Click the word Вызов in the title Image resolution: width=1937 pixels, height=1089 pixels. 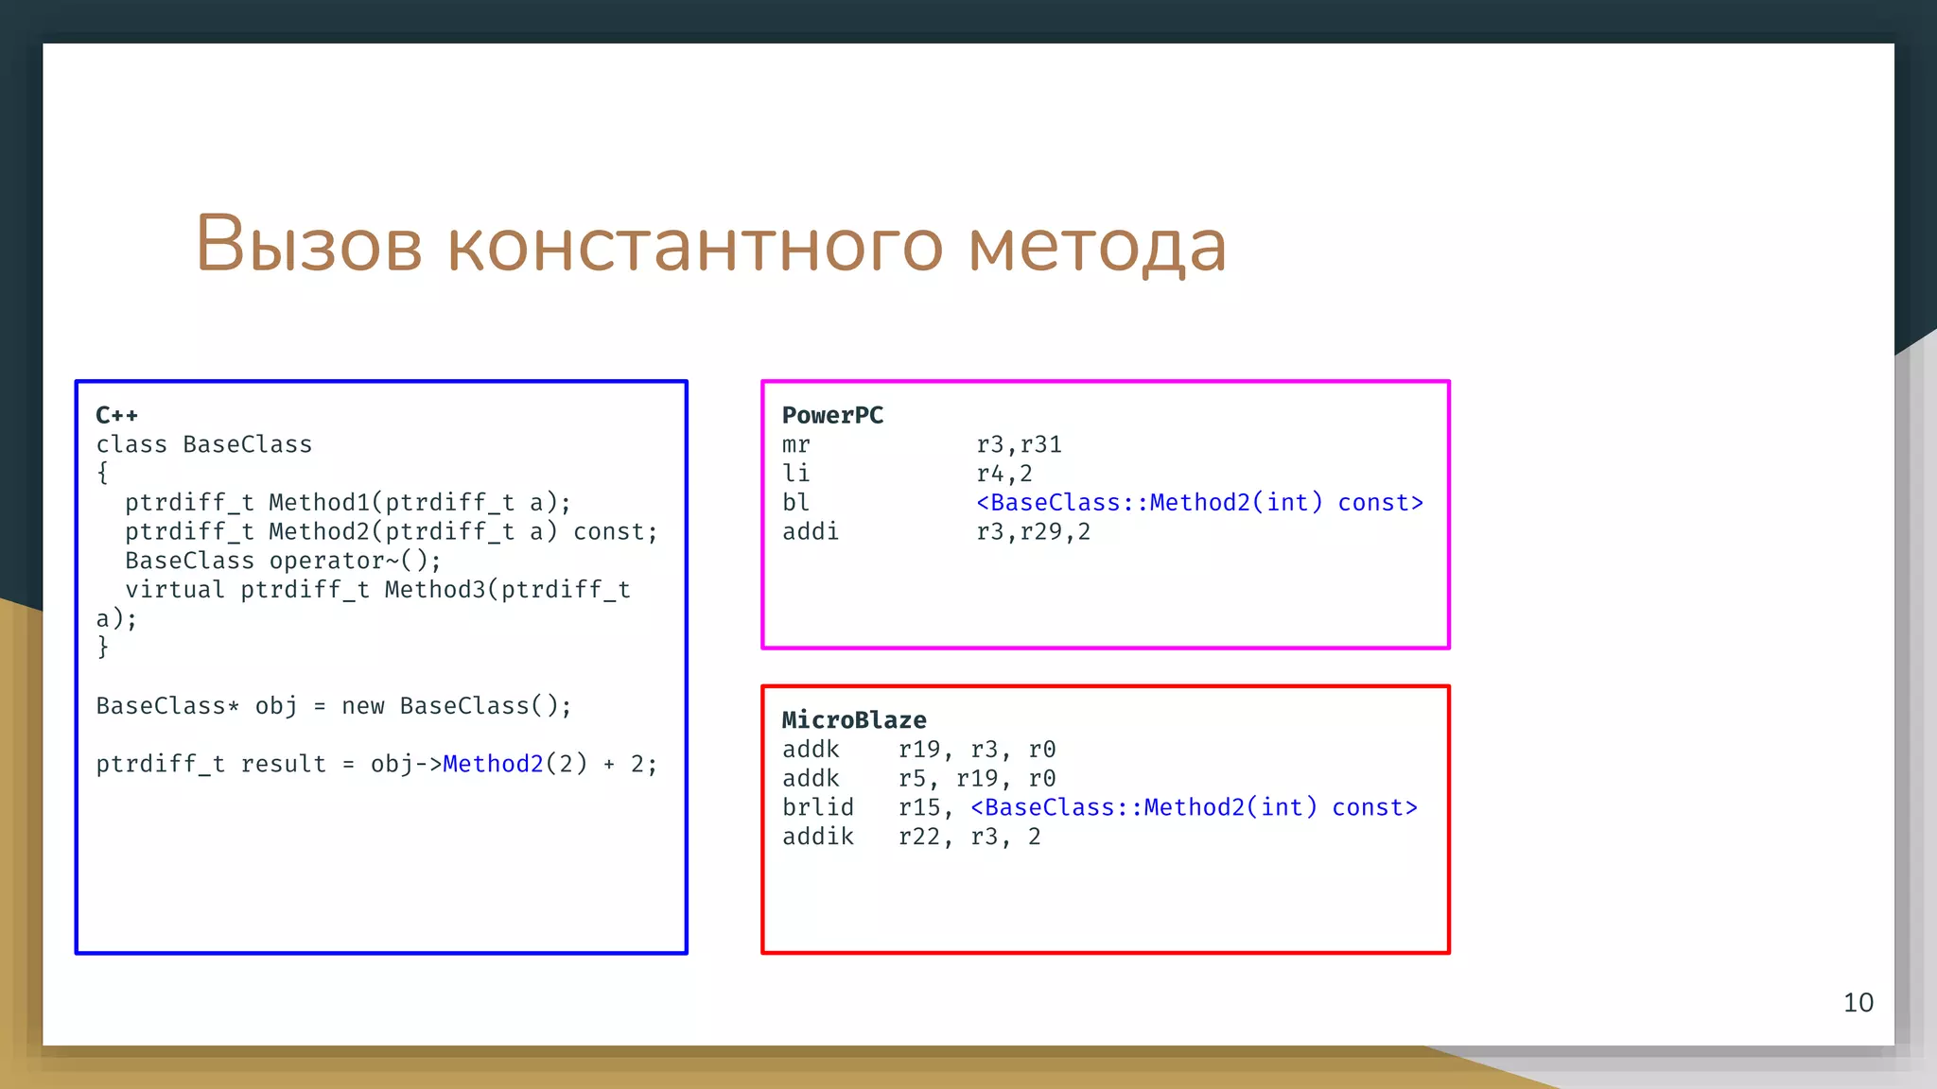308,244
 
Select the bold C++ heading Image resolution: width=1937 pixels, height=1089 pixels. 116,415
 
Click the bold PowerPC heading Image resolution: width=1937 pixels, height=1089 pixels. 832,415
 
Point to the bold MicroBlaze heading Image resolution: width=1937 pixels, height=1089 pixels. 853,720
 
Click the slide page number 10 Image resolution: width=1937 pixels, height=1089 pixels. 1858,1003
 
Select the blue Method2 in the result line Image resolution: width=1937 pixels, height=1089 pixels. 493,764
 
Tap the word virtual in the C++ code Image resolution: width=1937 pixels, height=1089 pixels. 175,590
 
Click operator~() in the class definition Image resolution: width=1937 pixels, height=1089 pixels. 355,561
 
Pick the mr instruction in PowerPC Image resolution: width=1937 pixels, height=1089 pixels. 795,444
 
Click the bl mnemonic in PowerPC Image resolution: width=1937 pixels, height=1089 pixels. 795,503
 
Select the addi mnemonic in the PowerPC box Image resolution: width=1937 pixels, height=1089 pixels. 810,532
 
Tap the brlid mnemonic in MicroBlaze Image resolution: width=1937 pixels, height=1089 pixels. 817,807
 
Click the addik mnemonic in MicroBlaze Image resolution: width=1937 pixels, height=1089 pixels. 817,837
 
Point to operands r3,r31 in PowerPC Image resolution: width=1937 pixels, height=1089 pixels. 1019,444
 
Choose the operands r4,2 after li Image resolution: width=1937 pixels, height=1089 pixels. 1003,474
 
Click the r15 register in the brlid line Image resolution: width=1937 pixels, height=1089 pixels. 919,807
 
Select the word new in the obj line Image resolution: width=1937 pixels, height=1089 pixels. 362,706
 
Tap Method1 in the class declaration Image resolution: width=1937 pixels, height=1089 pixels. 320,503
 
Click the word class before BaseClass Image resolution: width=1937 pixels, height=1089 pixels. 131,444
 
